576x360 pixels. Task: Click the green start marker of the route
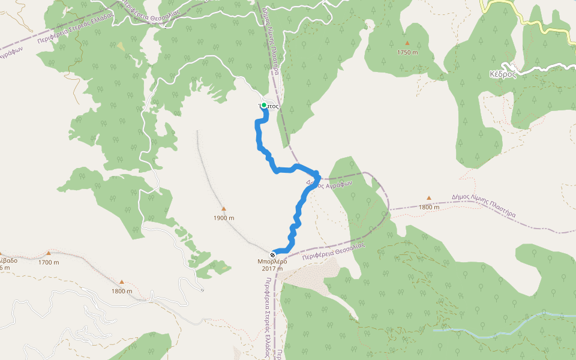263,105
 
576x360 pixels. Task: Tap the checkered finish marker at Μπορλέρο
273,254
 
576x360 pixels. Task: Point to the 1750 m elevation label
407,52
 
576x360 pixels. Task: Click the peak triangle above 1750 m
407,43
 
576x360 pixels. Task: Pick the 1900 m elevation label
223,218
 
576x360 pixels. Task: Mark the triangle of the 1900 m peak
223,209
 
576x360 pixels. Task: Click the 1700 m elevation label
49,262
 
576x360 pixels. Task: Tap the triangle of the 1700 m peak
49,253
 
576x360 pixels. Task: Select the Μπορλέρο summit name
272,262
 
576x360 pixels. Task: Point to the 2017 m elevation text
272,269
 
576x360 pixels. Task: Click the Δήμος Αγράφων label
328,184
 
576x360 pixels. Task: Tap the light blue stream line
498,324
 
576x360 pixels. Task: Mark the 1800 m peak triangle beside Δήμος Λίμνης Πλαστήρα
428,198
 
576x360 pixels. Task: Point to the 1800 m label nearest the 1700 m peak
121,291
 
